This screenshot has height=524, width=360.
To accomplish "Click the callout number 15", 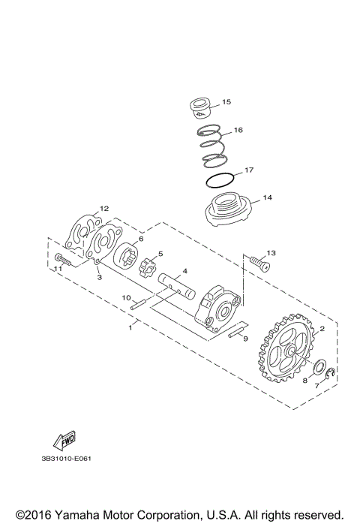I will click(x=226, y=102).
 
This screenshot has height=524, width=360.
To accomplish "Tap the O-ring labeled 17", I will click(x=217, y=181).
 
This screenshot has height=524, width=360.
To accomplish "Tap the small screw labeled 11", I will click(x=63, y=261).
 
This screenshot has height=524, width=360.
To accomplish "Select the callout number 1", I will click(x=130, y=327).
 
